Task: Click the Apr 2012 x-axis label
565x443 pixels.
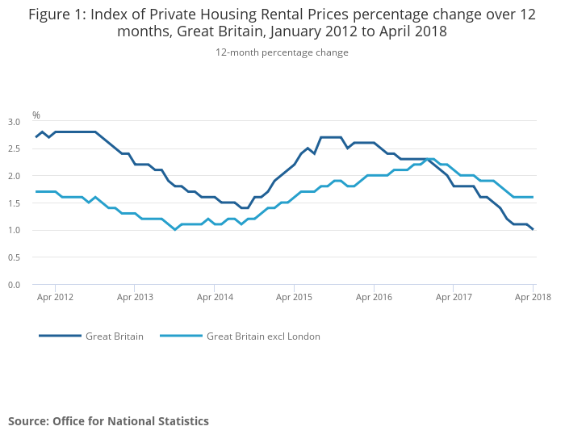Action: click(55, 298)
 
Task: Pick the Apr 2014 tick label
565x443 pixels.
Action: click(215, 298)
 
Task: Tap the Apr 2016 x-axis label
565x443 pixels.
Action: click(374, 298)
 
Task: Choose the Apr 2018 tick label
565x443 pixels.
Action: click(532, 298)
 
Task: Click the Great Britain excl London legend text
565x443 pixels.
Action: click(263, 336)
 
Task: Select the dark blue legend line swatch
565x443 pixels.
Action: click(60, 336)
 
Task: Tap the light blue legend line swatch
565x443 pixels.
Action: click(181, 336)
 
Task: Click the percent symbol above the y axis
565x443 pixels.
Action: click(36, 115)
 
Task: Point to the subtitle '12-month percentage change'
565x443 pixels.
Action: click(282, 52)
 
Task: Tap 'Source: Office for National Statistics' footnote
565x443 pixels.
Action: click(108, 421)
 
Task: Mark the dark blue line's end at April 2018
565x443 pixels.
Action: click(533, 230)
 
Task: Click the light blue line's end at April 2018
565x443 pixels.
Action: click(533, 197)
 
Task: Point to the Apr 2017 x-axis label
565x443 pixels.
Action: click(454, 298)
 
